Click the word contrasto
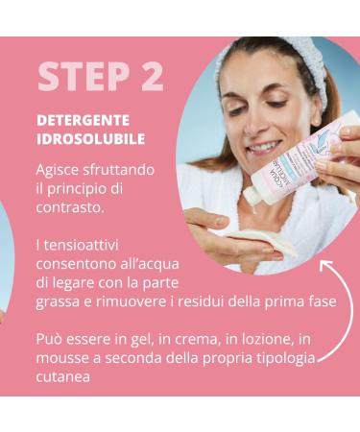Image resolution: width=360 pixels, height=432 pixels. point(70,206)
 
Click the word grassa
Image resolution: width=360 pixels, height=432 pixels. point(60,301)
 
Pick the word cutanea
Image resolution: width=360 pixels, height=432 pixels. point(64,377)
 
